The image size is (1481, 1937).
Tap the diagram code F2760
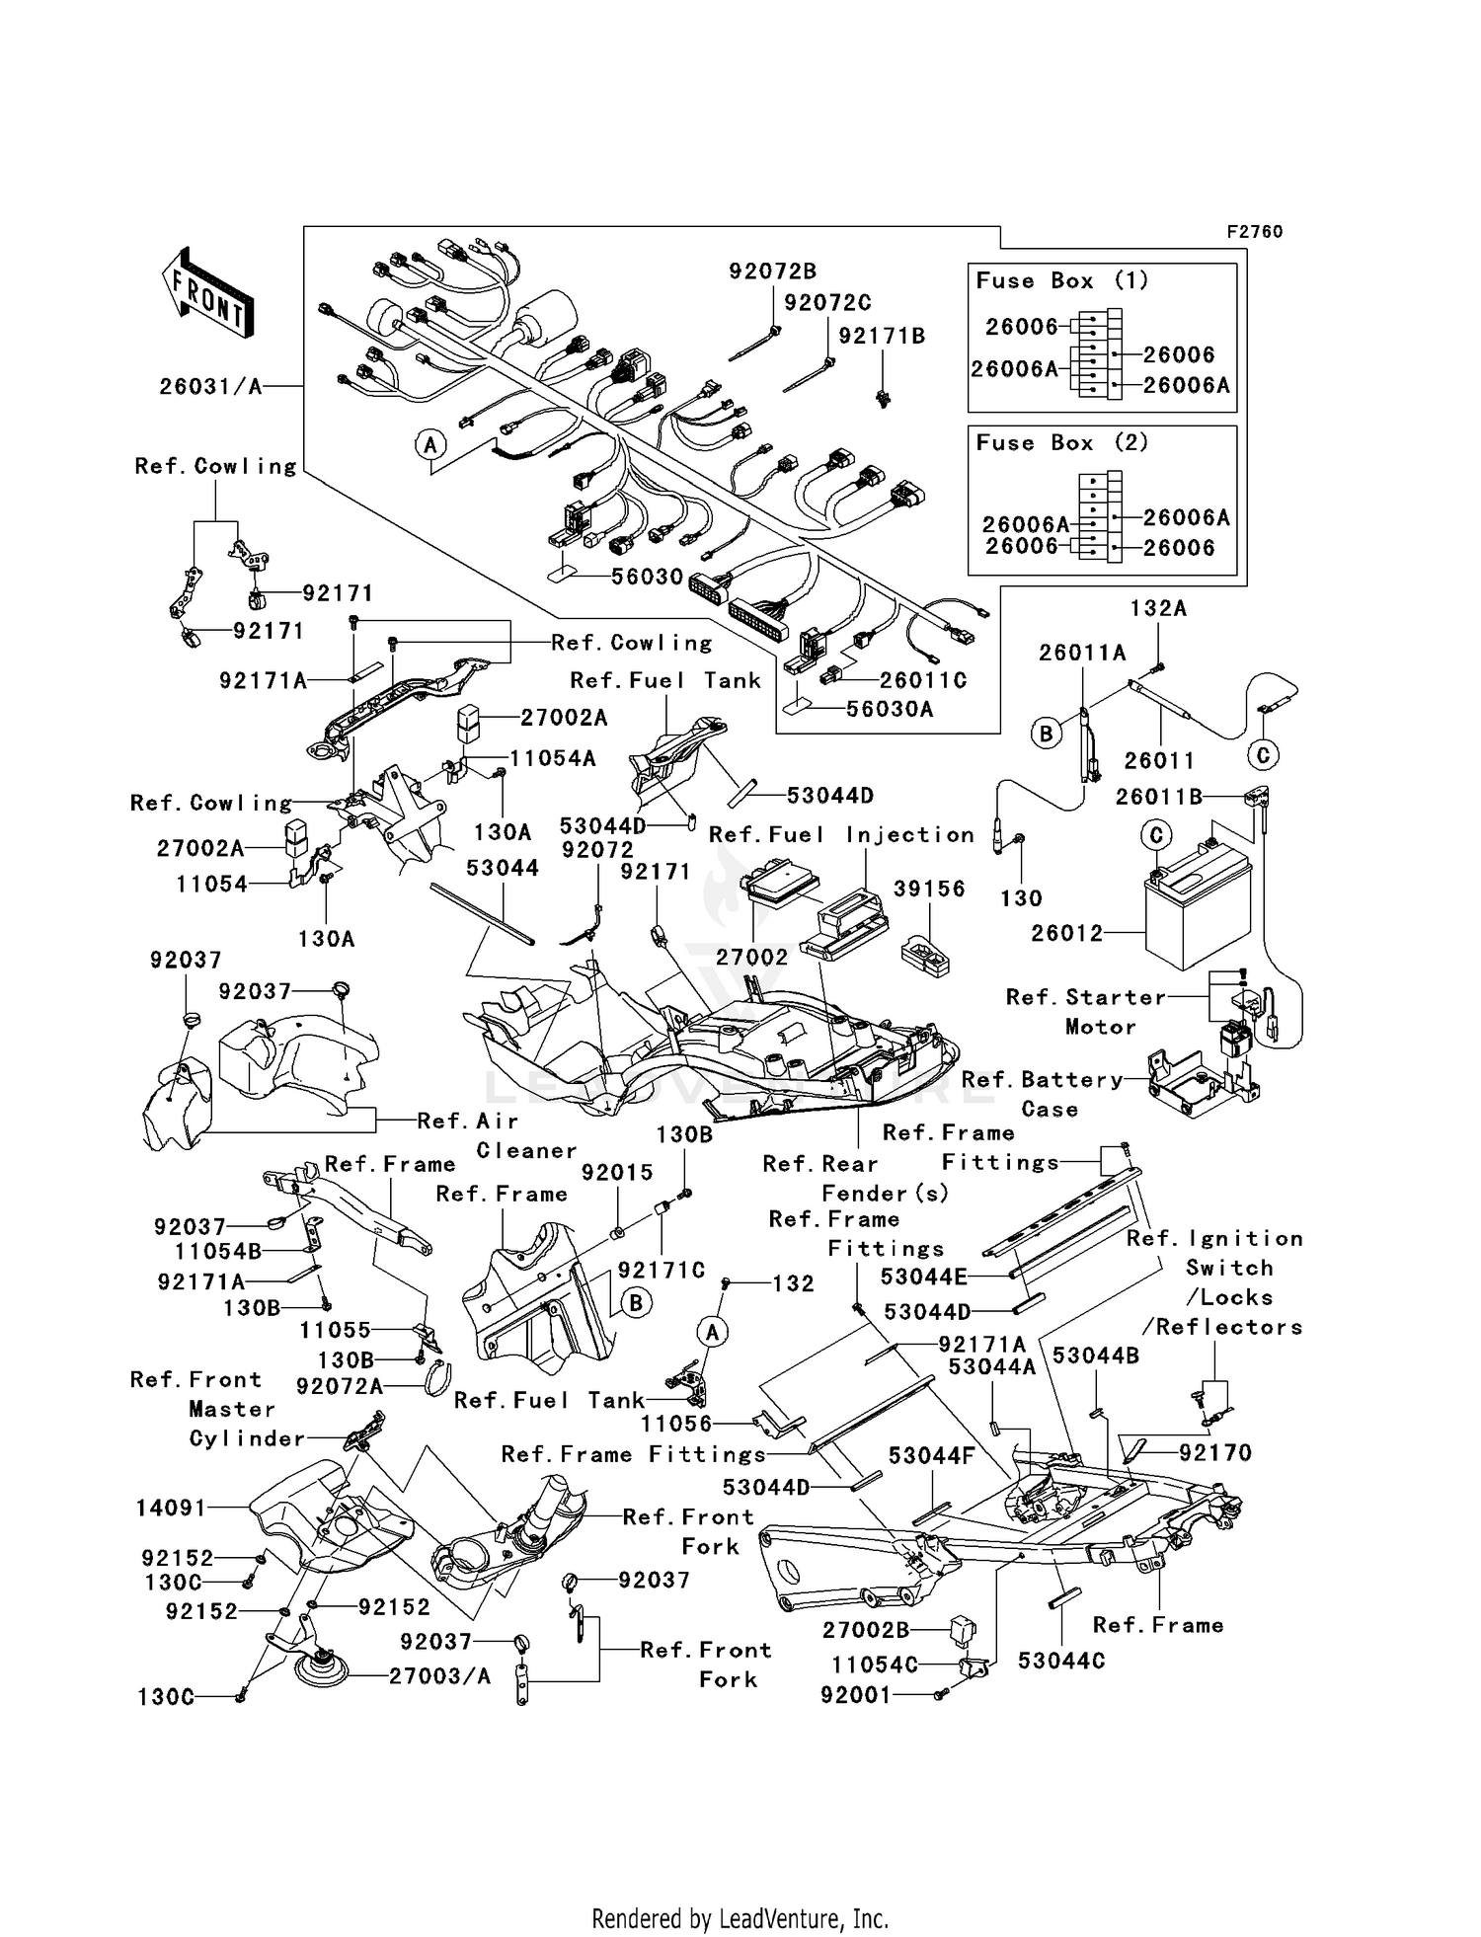point(1254,232)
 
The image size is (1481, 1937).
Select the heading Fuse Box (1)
point(1062,280)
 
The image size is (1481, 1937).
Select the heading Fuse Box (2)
point(1062,442)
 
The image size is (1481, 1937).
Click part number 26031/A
point(211,387)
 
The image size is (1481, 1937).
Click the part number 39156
point(929,890)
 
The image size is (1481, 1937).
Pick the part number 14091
point(171,1508)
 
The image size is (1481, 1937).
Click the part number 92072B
point(773,271)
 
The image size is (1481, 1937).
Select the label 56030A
point(889,709)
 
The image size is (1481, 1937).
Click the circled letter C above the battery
point(1155,835)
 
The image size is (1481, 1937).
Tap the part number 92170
point(1215,1452)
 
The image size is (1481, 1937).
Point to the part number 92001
point(855,1695)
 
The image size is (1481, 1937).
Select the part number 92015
point(617,1172)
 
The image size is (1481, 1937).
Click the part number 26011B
point(1160,797)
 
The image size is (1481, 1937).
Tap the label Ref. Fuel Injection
point(841,835)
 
